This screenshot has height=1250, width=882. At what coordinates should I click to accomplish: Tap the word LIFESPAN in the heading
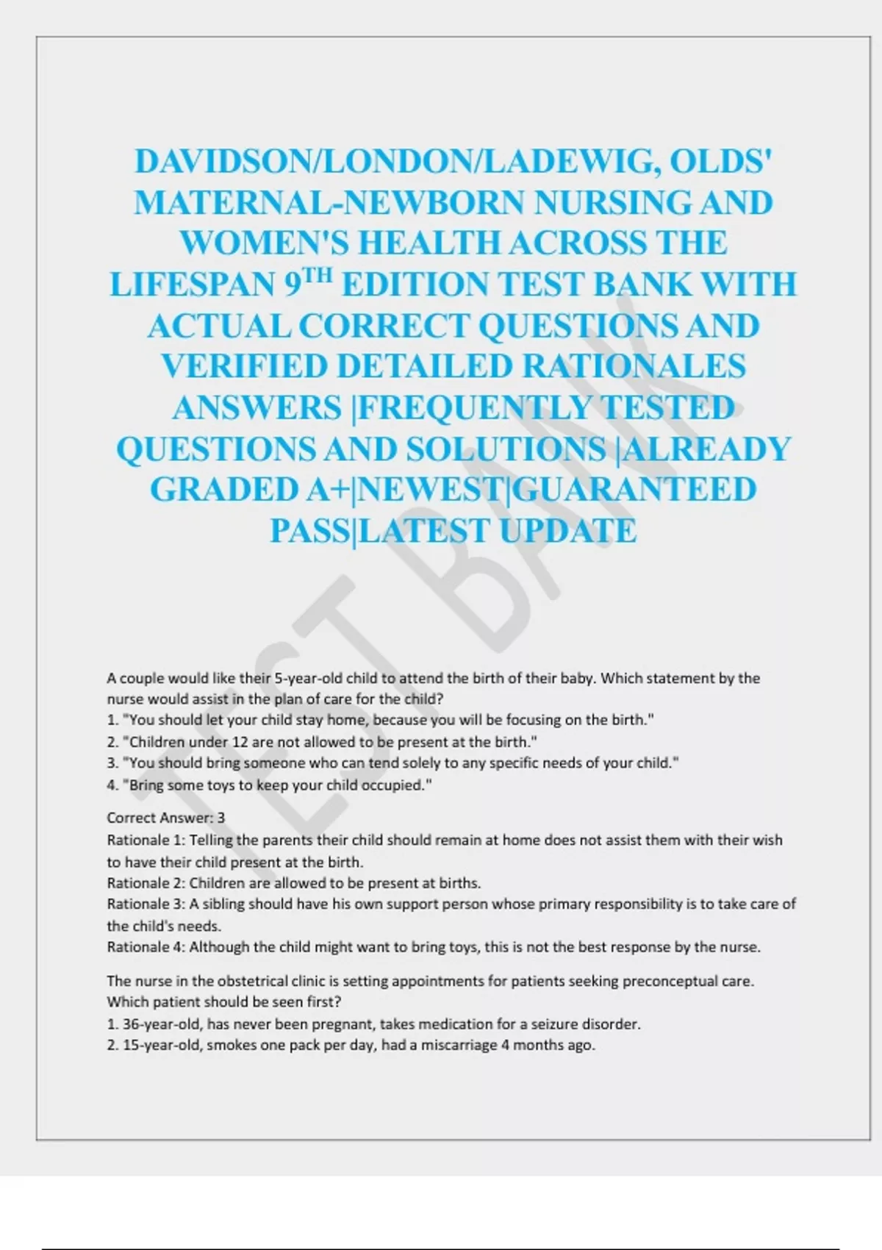pyautogui.click(x=193, y=285)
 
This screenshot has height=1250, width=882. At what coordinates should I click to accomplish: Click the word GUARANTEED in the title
pyautogui.click(x=634, y=490)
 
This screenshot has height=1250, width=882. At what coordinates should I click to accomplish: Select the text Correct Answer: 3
pyautogui.click(x=166, y=818)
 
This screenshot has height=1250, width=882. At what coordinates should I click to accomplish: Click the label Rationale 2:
pyautogui.click(x=146, y=882)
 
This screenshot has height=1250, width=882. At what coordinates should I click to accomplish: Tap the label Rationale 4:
pyautogui.click(x=146, y=947)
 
